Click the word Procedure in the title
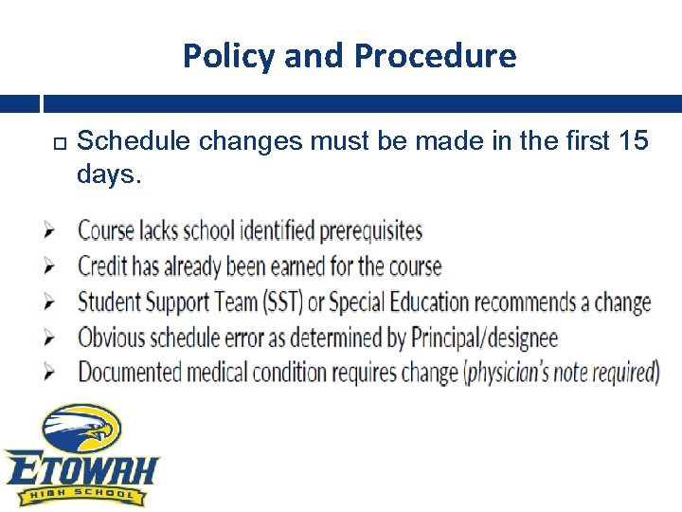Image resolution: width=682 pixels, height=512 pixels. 435,57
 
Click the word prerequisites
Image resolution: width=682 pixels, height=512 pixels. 370,231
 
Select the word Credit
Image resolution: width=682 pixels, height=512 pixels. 105,266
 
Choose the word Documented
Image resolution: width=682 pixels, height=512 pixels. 130,372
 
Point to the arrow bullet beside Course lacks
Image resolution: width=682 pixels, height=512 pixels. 50,231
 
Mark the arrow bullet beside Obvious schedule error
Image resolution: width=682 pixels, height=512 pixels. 50,338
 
